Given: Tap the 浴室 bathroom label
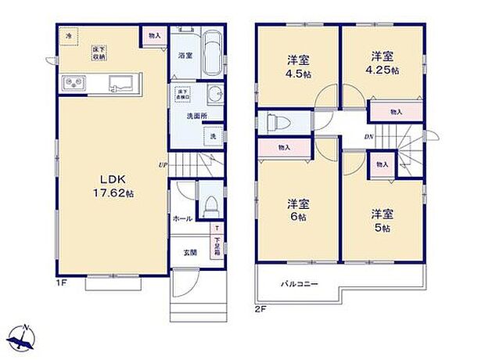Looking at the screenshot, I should (x=185, y=56).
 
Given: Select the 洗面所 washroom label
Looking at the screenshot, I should (x=196, y=116).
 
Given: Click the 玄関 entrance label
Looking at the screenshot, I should (x=190, y=252).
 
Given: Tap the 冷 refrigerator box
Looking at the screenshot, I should (x=69, y=36).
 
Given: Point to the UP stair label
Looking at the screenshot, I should (x=162, y=164).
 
